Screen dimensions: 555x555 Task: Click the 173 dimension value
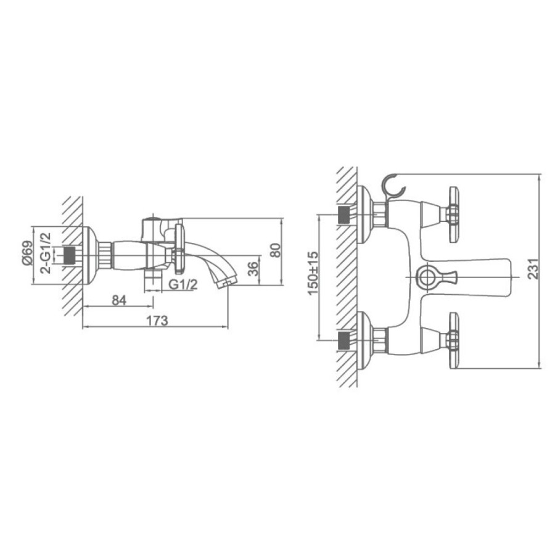click(x=157, y=320)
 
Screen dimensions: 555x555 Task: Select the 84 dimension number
click(x=119, y=300)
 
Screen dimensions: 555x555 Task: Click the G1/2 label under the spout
click(x=183, y=284)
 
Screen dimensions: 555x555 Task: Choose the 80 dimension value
click(x=276, y=250)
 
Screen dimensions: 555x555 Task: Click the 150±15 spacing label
click(x=313, y=273)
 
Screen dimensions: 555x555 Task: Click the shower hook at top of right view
click(x=393, y=186)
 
